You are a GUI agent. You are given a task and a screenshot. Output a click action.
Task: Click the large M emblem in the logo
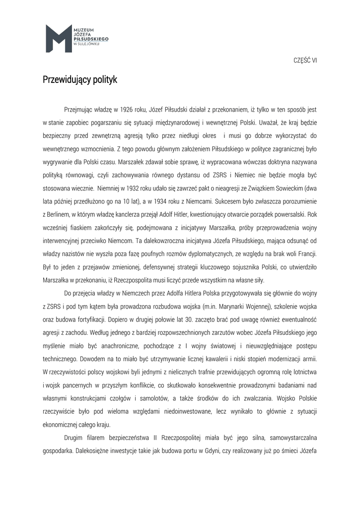tap(58, 38)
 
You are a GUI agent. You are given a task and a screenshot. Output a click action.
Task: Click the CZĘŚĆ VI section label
tap(305, 60)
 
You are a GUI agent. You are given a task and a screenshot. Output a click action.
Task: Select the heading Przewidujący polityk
tap(80, 79)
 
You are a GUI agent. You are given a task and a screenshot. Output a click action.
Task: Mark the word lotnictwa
tap(302, 372)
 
